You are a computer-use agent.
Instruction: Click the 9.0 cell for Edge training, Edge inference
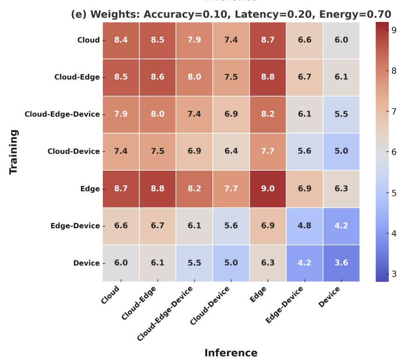click(x=268, y=189)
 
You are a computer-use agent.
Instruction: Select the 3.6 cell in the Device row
click(x=341, y=263)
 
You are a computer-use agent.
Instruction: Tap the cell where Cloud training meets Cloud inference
click(x=121, y=40)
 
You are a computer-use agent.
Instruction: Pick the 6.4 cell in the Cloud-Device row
click(x=231, y=151)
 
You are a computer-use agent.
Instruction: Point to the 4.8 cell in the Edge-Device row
click(x=304, y=226)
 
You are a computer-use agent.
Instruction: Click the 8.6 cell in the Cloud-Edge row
click(x=157, y=77)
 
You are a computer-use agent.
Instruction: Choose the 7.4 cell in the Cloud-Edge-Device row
click(x=194, y=115)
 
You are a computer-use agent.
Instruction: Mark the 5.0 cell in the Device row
click(x=231, y=263)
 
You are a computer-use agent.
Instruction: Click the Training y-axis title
click(x=14, y=151)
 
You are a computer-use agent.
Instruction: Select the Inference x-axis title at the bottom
click(x=231, y=353)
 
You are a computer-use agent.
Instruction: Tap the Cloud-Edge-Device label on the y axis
click(x=62, y=115)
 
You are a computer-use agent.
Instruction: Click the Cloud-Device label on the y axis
click(x=73, y=151)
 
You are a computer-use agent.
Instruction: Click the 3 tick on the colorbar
click(x=394, y=274)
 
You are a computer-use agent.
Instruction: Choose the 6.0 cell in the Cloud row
click(x=341, y=40)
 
